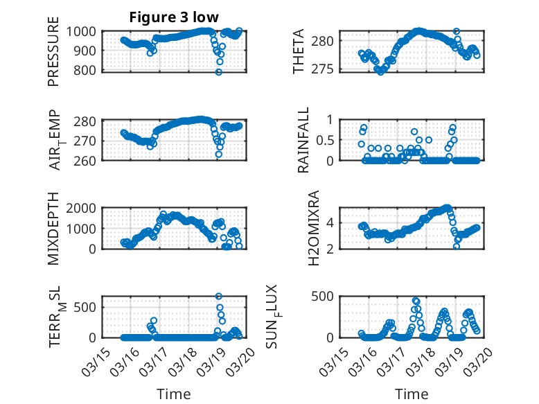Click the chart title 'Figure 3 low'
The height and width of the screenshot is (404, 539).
tap(174, 17)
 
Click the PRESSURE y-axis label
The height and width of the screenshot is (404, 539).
tap(54, 57)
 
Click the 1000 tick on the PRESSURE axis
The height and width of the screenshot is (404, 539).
tap(84, 31)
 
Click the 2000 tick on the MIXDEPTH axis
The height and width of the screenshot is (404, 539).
tap(84, 209)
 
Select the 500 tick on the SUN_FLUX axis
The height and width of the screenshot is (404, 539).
tap(328, 297)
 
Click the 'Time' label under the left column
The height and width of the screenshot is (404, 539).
tap(174, 394)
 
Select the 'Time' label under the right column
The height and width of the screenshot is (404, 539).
tap(412, 394)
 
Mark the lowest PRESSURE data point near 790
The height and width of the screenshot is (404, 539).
tap(219, 72)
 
